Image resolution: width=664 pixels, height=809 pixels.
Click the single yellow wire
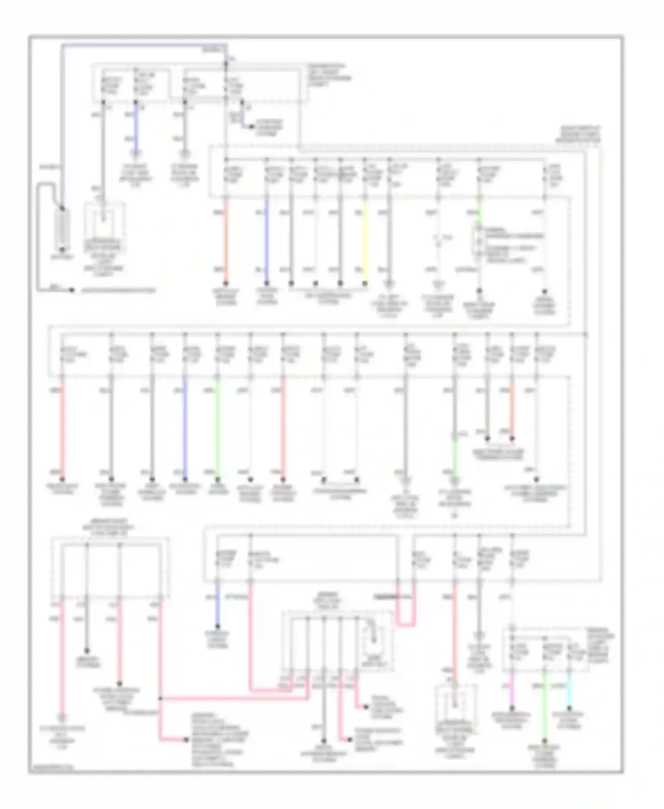click(x=365, y=241)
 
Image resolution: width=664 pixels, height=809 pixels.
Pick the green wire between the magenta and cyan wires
click(x=545, y=708)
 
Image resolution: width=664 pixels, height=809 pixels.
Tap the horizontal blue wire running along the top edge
click(x=142, y=45)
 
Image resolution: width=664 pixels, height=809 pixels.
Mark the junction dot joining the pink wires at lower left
click(x=159, y=699)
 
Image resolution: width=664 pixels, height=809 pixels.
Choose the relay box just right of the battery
click(x=104, y=226)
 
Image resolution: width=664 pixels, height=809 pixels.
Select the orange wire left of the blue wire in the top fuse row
click(x=226, y=241)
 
